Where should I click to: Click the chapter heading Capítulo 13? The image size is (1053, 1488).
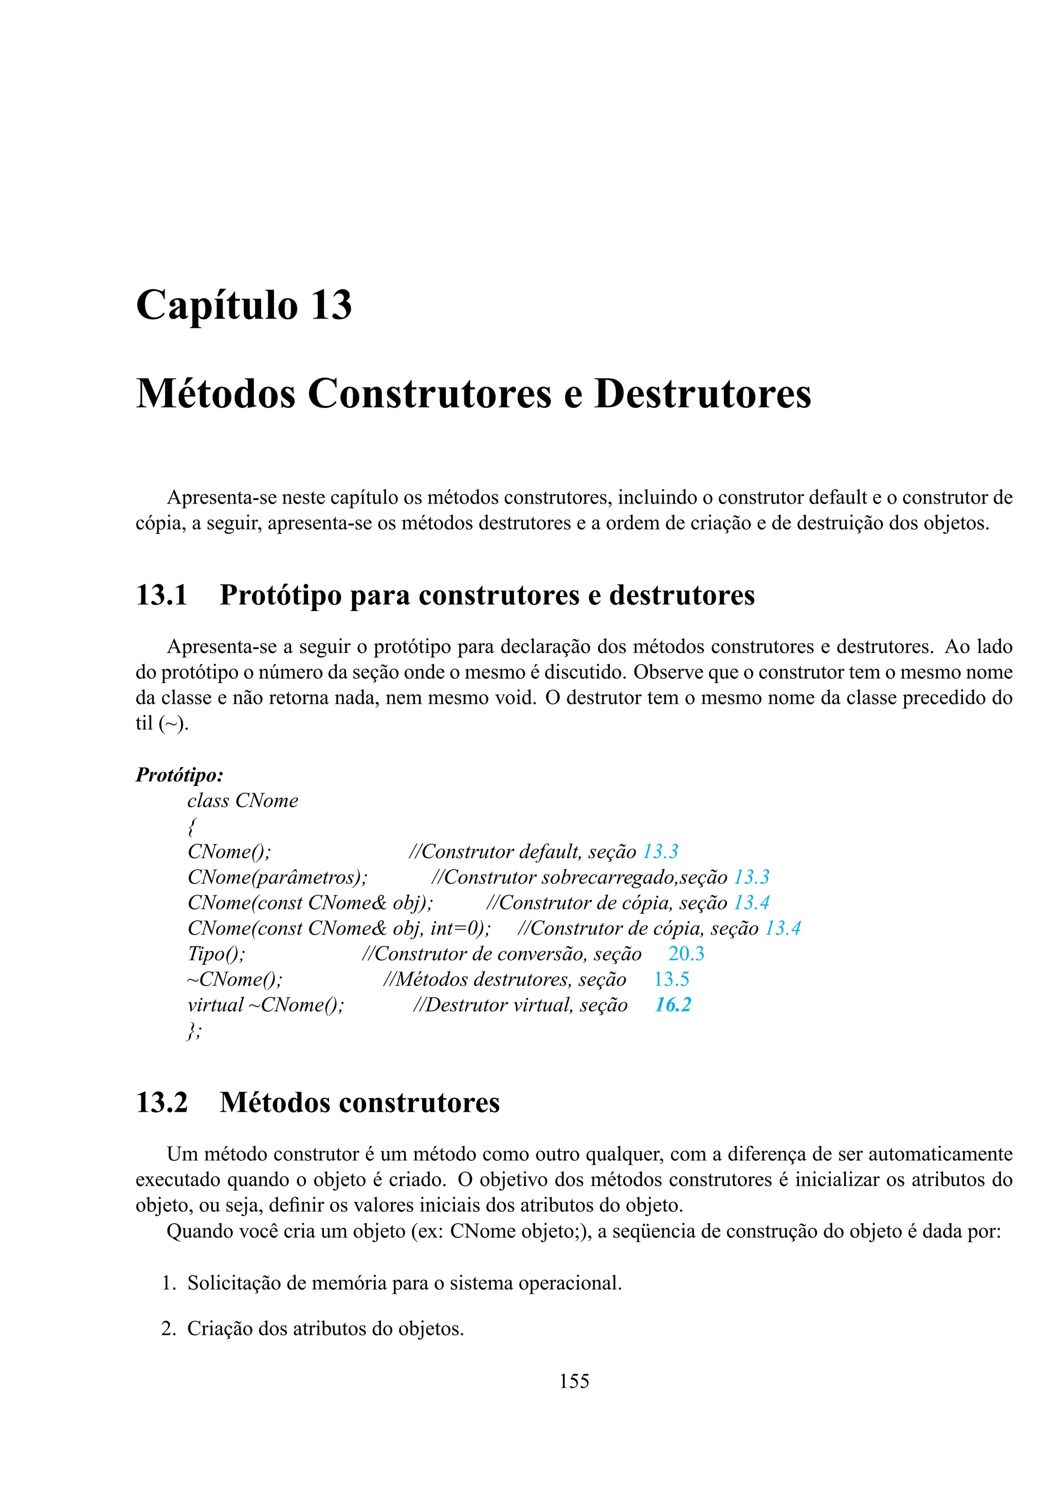point(244,305)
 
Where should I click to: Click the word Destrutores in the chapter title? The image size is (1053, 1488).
point(702,394)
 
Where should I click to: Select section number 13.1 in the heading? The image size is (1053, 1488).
point(161,595)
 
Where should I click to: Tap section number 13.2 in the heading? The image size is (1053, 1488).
point(161,1103)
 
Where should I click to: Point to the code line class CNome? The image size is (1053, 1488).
point(243,801)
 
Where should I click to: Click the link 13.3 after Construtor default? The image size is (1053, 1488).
point(660,851)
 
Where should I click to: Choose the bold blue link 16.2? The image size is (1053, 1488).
point(673,1005)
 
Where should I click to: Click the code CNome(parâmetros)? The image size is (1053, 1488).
point(278,877)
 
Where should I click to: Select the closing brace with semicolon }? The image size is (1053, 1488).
point(194,1031)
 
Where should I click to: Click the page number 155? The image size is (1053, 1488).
point(574,1381)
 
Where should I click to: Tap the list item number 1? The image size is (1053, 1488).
point(169,1283)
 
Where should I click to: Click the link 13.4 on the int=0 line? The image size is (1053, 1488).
point(783,928)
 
